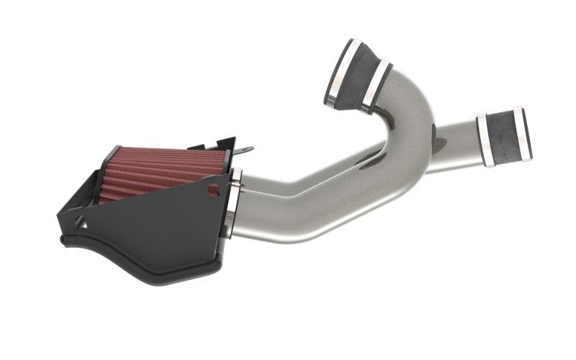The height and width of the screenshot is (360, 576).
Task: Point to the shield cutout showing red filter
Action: click(x=213, y=190)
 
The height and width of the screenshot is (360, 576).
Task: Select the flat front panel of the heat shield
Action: click(x=166, y=223)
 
